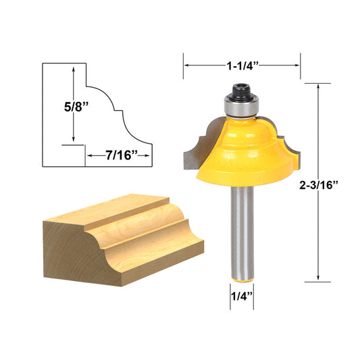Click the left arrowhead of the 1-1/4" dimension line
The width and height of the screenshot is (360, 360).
coord(186,66)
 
